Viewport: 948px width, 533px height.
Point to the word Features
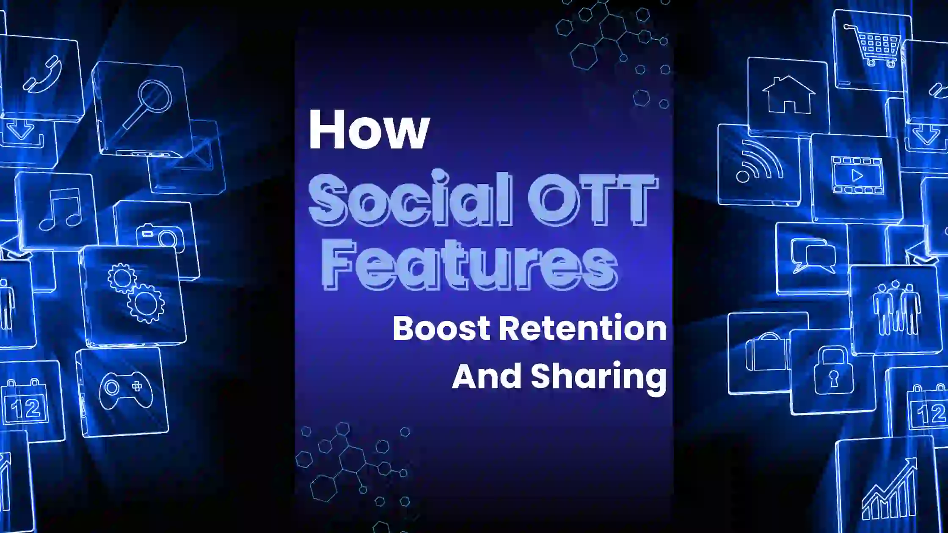tap(469, 264)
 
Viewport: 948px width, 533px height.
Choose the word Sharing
tap(598, 378)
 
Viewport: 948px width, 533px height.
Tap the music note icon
tap(60, 209)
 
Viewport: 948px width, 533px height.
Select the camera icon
tap(160, 235)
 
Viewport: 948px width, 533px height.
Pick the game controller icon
tap(126, 389)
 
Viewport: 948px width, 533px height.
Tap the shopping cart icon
tap(874, 46)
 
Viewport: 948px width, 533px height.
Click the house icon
tap(788, 94)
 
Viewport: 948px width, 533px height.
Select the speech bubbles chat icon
tap(813, 256)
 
